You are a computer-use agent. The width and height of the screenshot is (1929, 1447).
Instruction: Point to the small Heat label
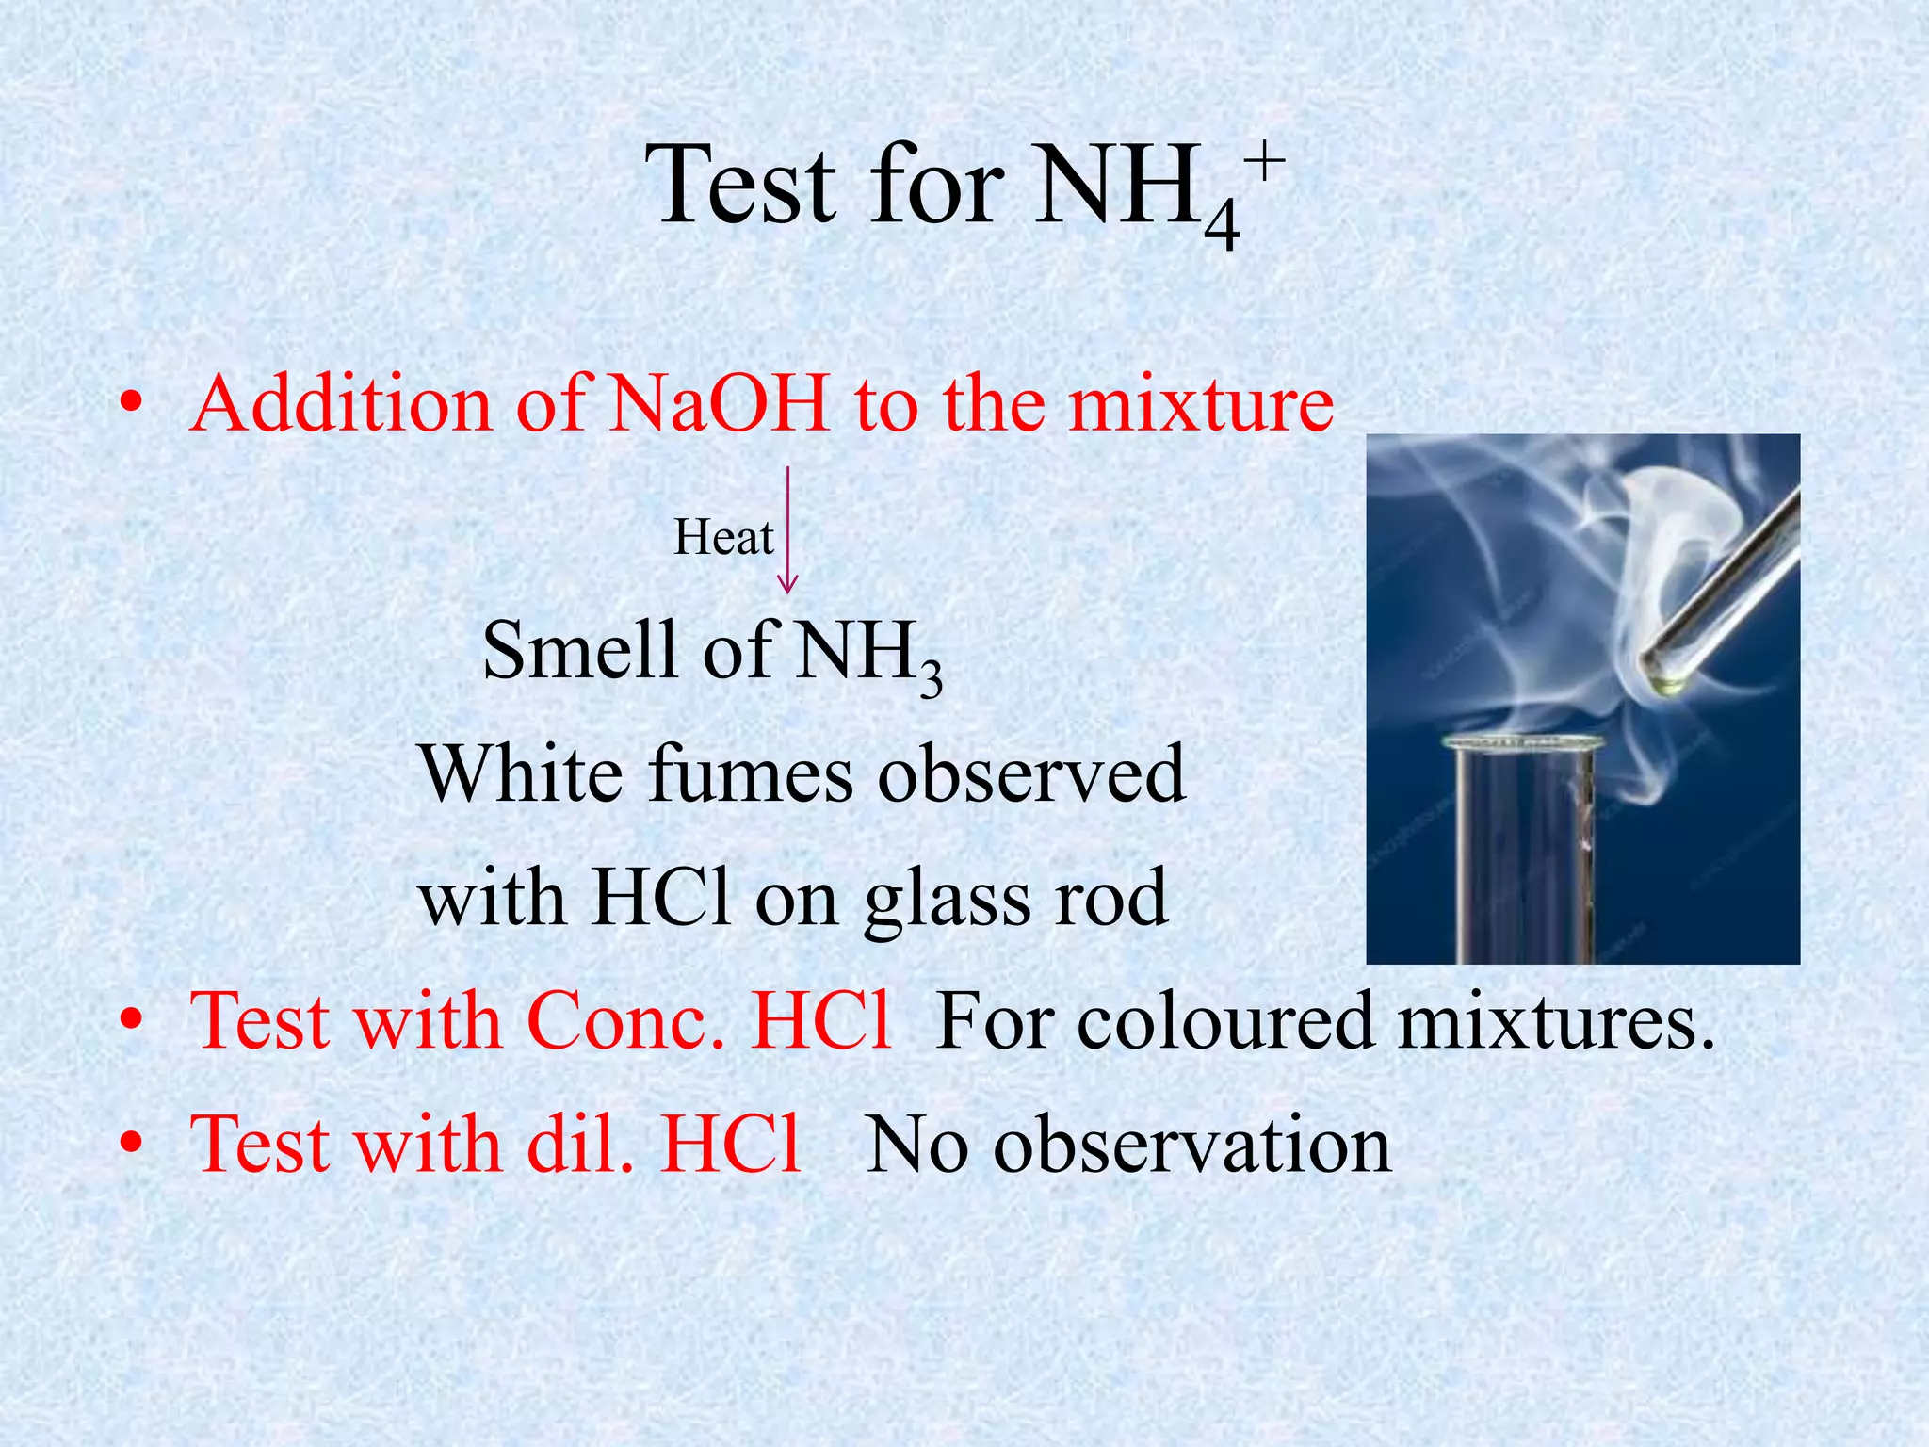coord(723,539)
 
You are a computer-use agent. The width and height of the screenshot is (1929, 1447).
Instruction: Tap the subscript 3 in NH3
coord(931,677)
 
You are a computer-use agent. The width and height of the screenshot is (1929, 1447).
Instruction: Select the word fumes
coord(750,774)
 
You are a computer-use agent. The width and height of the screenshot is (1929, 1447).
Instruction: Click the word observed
coord(1031,774)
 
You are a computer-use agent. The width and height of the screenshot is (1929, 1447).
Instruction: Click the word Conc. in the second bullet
coord(625,1021)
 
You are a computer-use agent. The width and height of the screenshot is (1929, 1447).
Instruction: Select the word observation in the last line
coord(1192,1144)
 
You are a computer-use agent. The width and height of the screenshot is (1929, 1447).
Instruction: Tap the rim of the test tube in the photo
coord(1521,743)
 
